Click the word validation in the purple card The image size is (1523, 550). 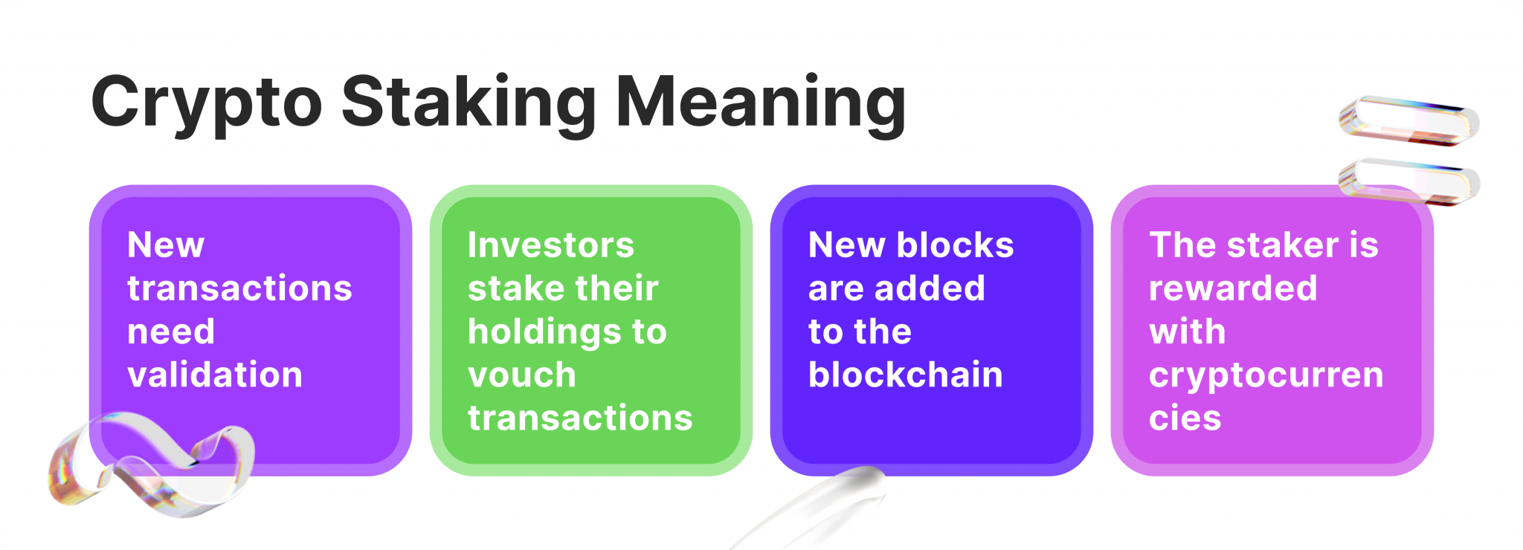(x=215, y=374)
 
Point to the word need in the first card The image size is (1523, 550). (x=171, y=331)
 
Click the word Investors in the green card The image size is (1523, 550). (x=551, y=245)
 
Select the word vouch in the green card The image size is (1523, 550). (x=522, y=375)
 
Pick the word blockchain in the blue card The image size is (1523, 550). (x=906, y=374)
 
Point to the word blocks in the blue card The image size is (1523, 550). (x=956, y=245)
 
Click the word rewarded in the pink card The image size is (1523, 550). (x=1233, y=288)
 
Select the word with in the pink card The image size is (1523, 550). (x=1188, y=331)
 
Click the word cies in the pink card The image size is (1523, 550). (x=1185, y=418)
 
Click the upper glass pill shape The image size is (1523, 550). (x=1409, y=120)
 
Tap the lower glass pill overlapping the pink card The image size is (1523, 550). (x=1409, y=182)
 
